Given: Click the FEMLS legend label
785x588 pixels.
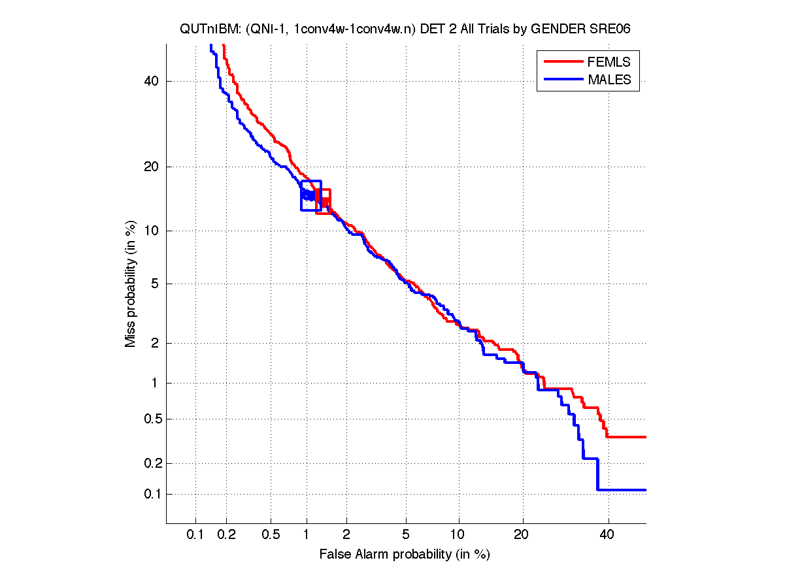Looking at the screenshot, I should [609, 62].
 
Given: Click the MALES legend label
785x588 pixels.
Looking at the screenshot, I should [609, 80].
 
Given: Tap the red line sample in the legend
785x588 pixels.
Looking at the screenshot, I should [563, 61].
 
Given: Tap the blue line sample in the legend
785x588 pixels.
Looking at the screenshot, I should [563, 80].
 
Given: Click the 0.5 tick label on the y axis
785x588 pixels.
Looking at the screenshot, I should [150, 419].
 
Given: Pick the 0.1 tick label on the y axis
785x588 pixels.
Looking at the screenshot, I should [150, 494].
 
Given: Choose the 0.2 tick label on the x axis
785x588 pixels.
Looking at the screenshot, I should [226, 534].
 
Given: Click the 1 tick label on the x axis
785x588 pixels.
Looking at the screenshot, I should [307, 534].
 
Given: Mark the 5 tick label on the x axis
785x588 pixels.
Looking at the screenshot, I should [406, 534].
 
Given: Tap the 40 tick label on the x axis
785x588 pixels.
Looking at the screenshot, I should [609, 534].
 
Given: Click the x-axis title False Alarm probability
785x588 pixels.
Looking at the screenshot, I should [405, 555].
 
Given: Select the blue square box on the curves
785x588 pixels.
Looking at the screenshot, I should [311, 195].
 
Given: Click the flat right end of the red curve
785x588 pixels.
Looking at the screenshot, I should [627, 436].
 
